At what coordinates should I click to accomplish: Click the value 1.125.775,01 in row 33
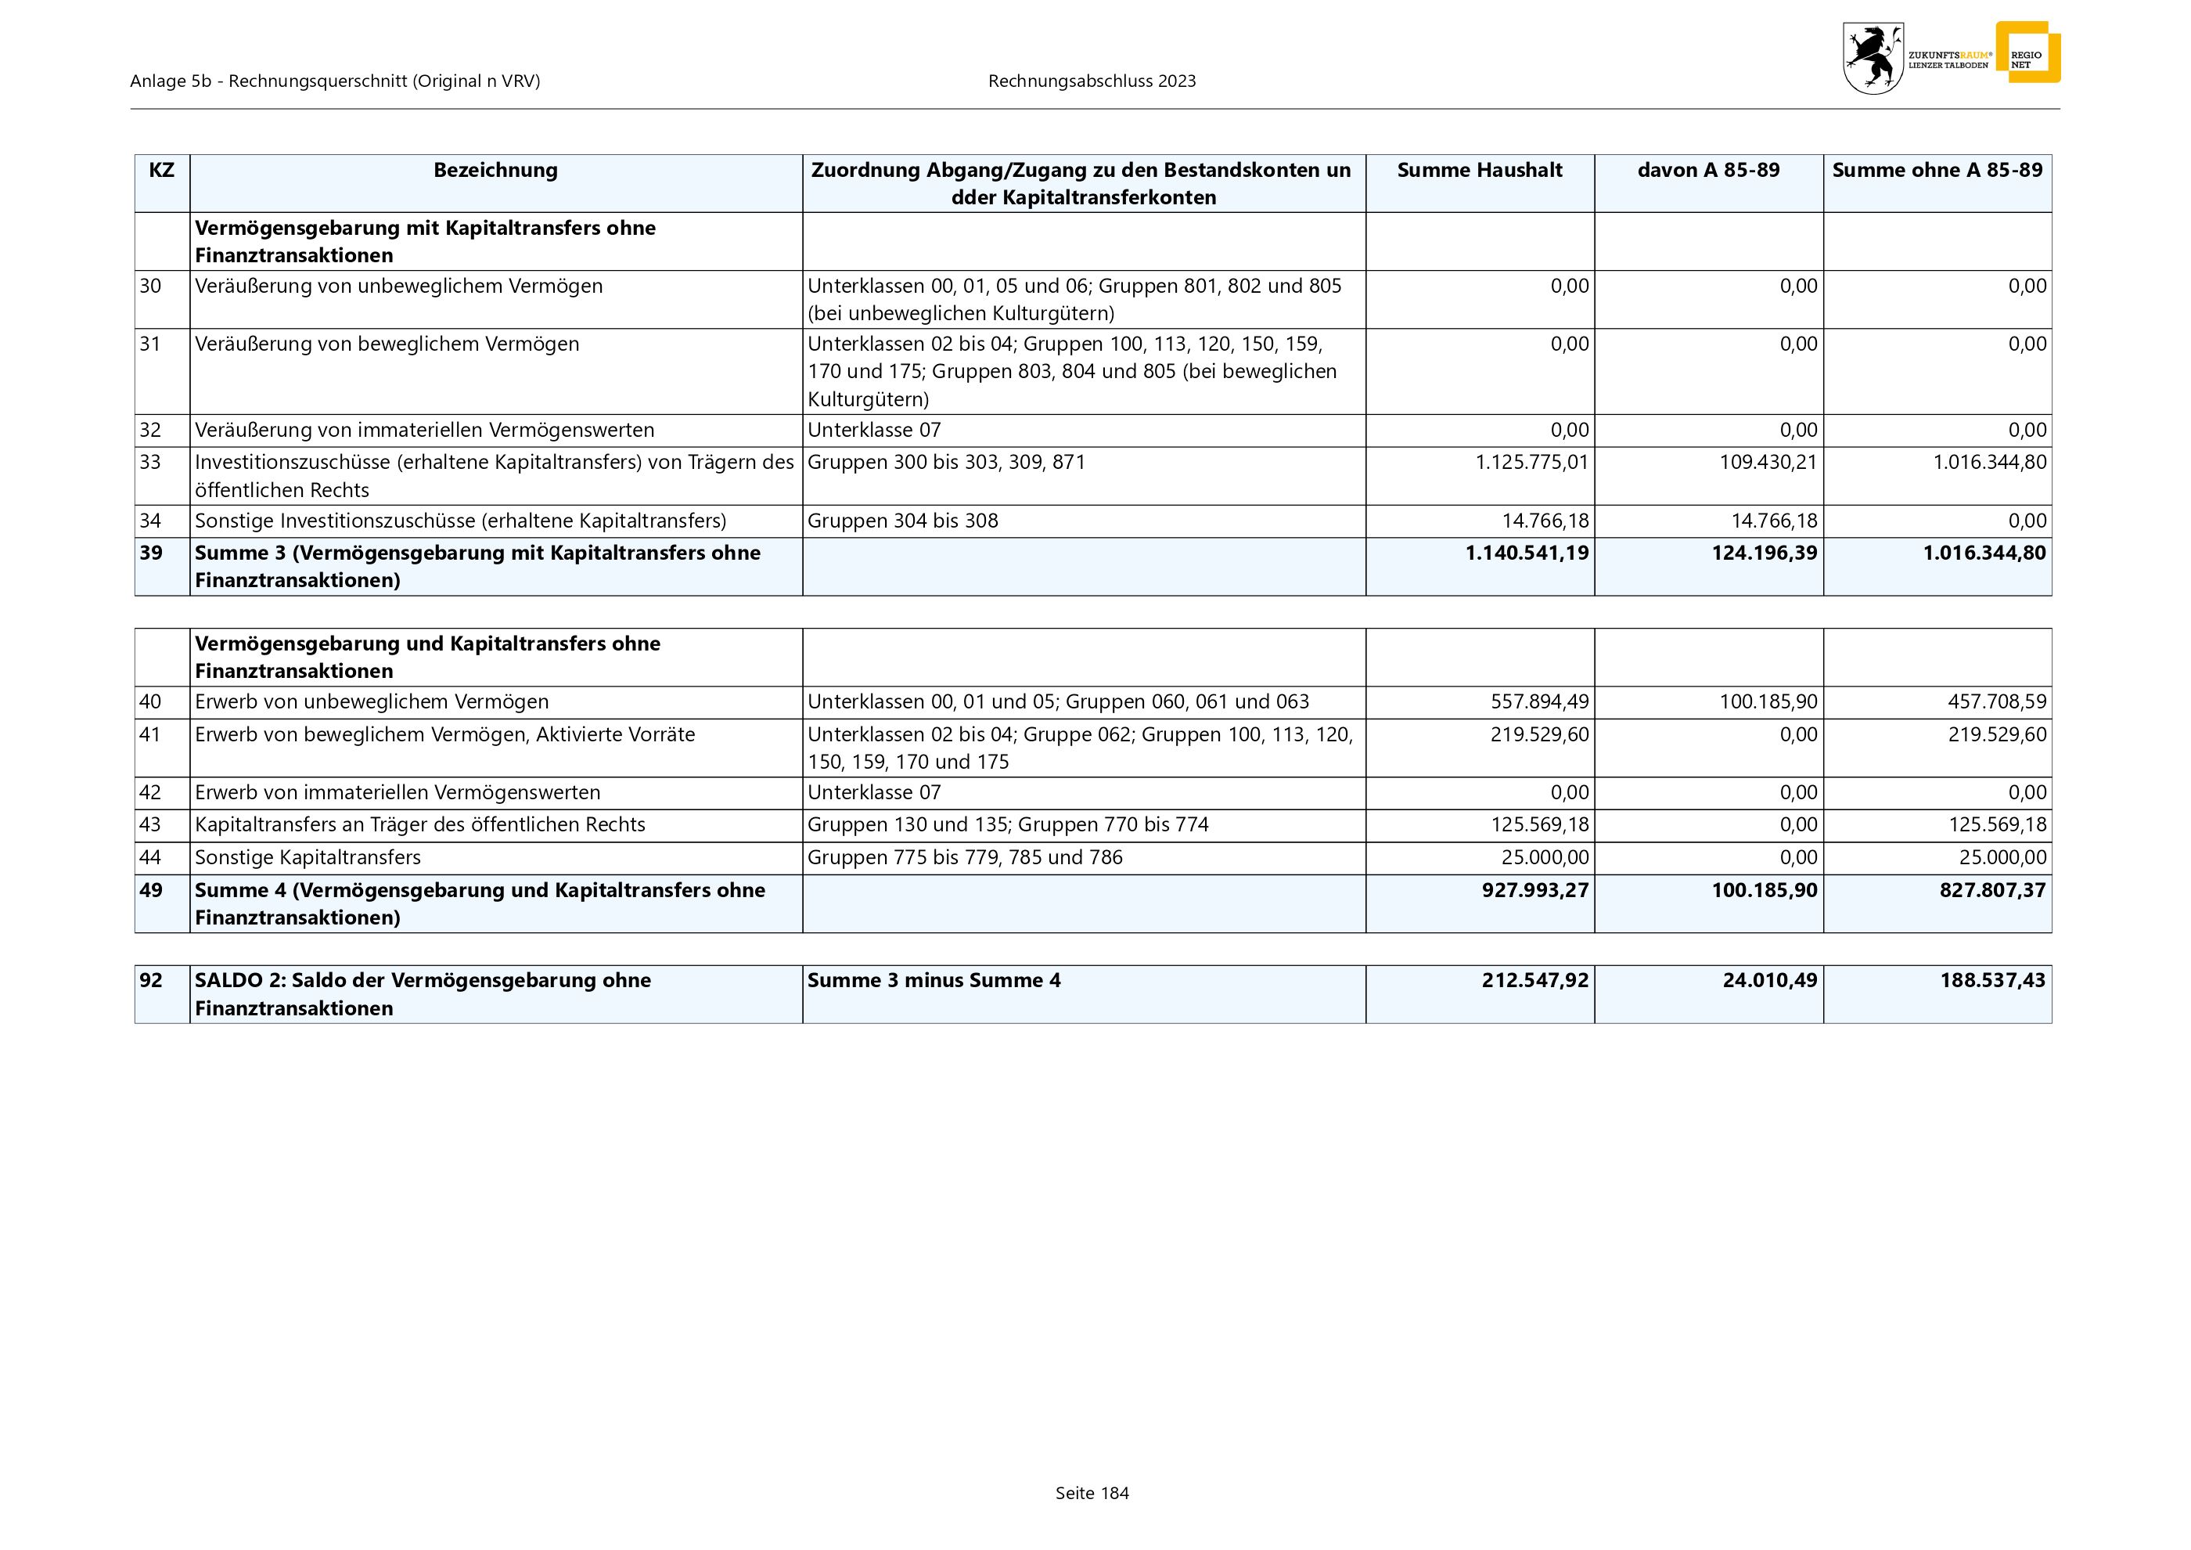click(x=1531, y=463)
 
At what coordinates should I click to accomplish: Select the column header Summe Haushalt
click(x=1479, y=171)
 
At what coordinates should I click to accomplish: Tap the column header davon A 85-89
click(x=1708, y=171)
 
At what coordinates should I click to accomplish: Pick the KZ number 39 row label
click(x=151, y=553)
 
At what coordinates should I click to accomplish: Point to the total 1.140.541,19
click(x=1527, y=553)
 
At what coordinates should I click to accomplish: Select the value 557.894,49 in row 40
click(x=1539, y=702)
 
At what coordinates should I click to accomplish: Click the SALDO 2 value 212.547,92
click(x=1534, y=981)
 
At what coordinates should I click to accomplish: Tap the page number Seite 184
click(x=1092, y=1494)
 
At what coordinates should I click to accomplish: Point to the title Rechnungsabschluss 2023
click(x=1092, y=81)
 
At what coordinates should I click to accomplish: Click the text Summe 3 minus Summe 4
click(x=934, y=981)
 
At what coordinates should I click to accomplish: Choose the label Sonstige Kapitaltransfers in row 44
click(x=308, y=858)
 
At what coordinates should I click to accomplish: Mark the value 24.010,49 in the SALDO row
click(x=1769, y=981)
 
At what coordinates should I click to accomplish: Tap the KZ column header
click(x=161, y=171)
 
